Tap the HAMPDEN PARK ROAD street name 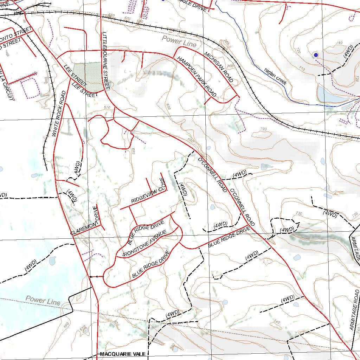coord(197,76)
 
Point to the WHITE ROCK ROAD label coord(59,114)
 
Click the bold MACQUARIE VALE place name coord(123,354)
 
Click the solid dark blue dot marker coord(316,55)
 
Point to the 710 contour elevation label coord(301,69)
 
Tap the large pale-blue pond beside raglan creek coord(330,95)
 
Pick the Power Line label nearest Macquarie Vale coord(43,301)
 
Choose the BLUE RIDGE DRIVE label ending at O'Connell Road coord(229,237)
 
